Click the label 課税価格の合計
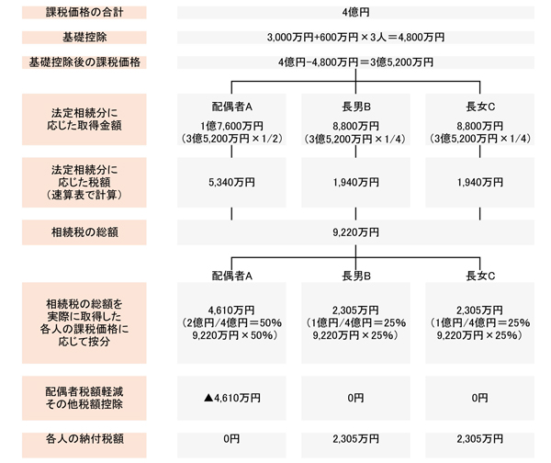84,12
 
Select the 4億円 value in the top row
355,12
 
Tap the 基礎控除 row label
84,38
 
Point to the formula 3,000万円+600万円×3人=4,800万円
355,38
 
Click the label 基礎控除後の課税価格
84,62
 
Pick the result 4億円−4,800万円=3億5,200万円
355,62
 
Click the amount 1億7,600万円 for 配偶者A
231,126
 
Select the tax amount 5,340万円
231,183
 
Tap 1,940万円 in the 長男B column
355,183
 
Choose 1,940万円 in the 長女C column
479,183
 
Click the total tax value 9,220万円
355,232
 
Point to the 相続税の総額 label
84,232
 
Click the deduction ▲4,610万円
232,398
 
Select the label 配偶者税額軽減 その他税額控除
84,398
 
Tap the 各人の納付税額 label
84,439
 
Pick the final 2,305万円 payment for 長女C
479,439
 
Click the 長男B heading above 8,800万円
356,107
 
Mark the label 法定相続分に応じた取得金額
84,119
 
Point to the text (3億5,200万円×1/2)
232,139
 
